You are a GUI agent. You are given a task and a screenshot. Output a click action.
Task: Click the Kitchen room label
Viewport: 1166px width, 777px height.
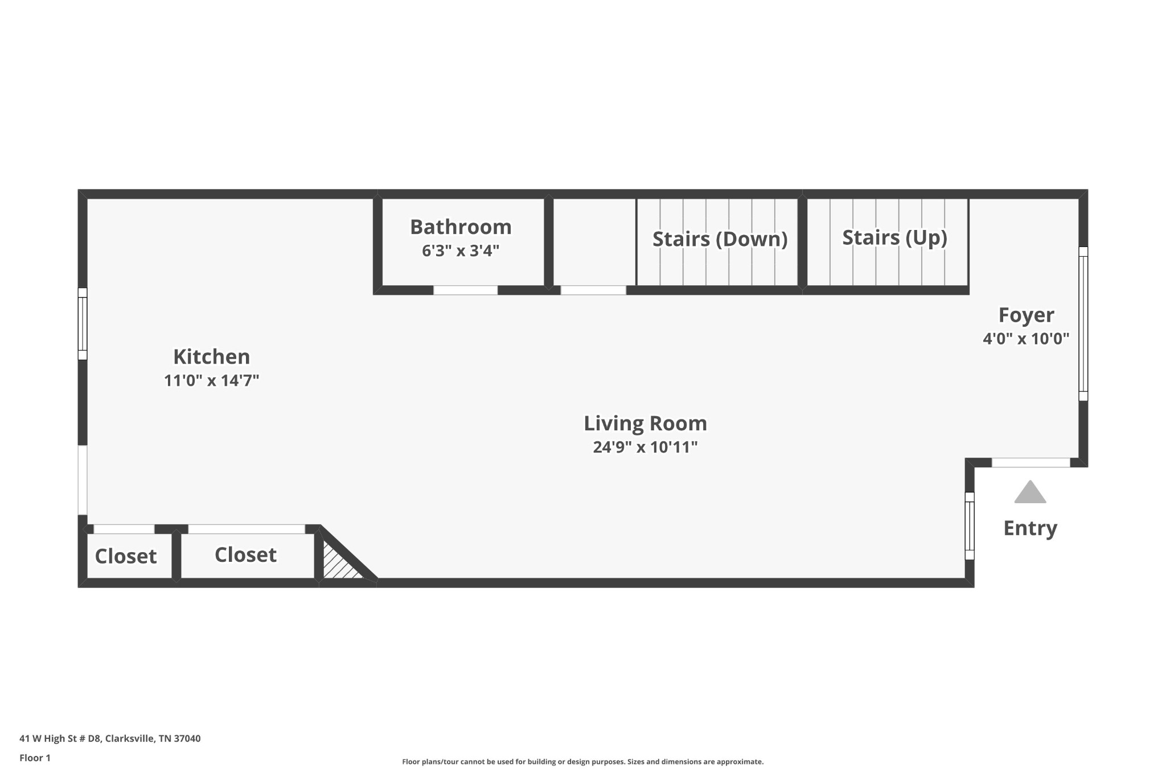[x=211, y=357]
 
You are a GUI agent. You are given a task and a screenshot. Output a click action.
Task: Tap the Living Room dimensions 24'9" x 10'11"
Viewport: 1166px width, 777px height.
[x=645, y=447]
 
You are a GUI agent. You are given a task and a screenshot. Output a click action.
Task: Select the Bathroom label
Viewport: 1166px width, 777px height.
[x=461, y=227]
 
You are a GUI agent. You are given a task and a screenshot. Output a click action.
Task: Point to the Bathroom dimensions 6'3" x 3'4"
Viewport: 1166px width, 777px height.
[x=461, y=251]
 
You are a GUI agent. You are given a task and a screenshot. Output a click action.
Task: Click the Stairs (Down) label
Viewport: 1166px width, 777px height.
[x=720, y=239]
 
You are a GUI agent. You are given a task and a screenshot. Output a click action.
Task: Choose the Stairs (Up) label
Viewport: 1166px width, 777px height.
[x=894, y=237]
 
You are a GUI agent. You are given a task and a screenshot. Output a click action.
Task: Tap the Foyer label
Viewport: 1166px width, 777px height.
[x=1026, y=315]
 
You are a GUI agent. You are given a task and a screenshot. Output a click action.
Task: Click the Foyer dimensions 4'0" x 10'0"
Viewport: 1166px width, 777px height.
[x=1026, y=339]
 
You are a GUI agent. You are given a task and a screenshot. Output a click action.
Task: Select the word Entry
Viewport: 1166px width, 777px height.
[x=1030, y=528]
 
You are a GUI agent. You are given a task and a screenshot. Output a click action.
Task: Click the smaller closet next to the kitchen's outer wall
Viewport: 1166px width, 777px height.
[x=126, y=556]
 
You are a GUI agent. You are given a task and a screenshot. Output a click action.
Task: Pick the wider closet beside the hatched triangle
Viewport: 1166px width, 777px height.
[x=245, y=555]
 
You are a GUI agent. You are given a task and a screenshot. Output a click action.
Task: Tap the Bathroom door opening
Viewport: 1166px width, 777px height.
[x=465, y=290]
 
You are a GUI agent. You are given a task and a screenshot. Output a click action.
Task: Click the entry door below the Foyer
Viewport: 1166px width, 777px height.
[x=1030, y=463]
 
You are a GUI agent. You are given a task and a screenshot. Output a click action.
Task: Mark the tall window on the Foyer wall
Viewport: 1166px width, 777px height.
[x=1083, y=323]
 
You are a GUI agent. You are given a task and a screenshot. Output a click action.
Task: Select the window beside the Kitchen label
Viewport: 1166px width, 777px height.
[x=83, y=323]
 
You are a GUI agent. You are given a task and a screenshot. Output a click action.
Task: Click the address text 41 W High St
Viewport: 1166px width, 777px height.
[x=110, y=739]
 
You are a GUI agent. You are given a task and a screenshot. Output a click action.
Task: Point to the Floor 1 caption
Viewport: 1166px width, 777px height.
[x=35, y=758]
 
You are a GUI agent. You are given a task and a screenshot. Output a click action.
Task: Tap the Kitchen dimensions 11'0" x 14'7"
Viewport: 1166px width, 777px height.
[x=211, y=381]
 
